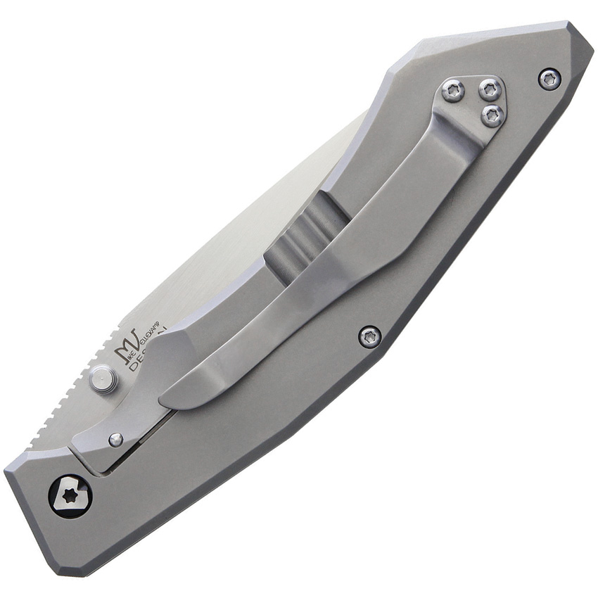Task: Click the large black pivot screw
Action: click(70, 495)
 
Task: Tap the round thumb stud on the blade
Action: click(103, 381)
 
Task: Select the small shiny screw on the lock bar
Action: click(116, 440)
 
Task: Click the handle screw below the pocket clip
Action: click(370, 336)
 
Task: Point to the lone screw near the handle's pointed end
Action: click(549, 79)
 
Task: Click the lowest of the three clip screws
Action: click(493, 115)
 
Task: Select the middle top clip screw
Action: click(490, 89)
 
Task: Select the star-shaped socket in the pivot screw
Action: click(70, 495)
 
